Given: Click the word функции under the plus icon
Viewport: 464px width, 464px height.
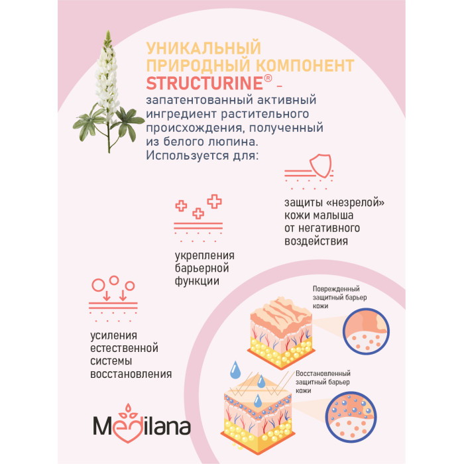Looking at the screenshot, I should (198, 281).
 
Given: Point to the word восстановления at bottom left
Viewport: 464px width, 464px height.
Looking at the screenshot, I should (131, 374).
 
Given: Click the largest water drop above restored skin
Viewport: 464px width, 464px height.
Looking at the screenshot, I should (235, 369).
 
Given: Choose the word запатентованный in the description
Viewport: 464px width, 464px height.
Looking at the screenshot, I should (190, 99).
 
